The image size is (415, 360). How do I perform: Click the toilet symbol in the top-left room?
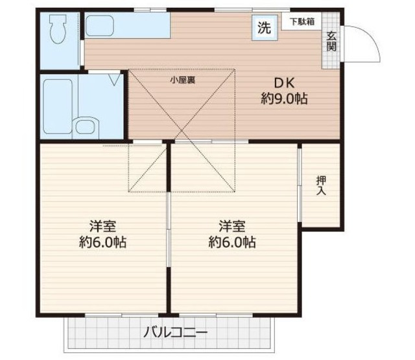tap(59, 30)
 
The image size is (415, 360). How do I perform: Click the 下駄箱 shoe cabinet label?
tap(302, 21)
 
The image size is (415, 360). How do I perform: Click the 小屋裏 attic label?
tap(182, 80)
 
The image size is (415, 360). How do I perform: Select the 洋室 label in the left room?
tap(102, 226)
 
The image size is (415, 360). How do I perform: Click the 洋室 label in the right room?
tap(231, 226)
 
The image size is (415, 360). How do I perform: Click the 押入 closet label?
tap(321, 186)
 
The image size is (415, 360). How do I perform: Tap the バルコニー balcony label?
tap(175, 333)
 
